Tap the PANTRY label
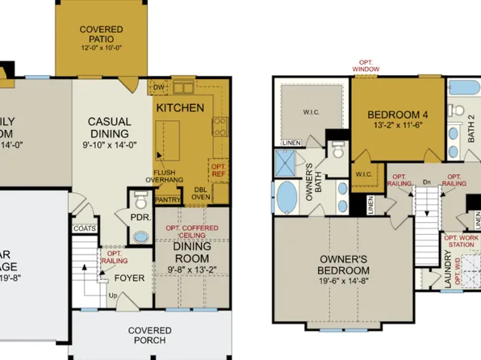pyautogui.click(x=168, y=198)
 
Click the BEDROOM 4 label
pyautogui.click(x=397, y=114)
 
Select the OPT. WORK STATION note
pyautogui.click(x=462, y=243)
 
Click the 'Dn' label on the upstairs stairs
pyautogui.click(x=425, y=183)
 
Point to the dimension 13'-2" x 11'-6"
pyautogui.click(x=397, y=126)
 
